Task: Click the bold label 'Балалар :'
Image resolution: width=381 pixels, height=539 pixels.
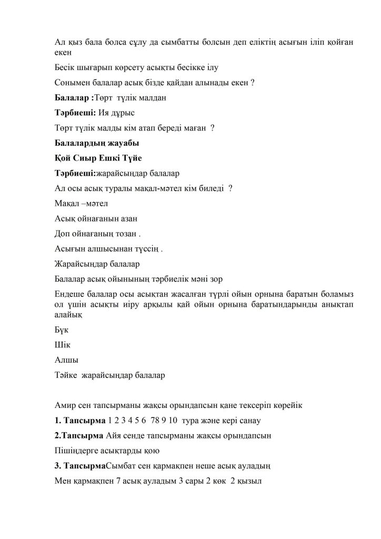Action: pyautogui.click(x=74, y=98)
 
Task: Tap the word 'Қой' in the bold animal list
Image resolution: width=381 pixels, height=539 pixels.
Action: pyautogui.click(x=63, y=158)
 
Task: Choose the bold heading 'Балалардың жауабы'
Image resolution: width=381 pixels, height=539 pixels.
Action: pyautogui.click(x=97, y=143)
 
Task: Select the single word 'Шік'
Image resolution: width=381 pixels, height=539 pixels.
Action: pyautogui.click(x=63, y=345)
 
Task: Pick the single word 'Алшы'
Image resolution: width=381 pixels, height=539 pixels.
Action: pyautogui.click(x=66, y=361)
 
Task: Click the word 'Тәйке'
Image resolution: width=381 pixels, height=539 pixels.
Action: pyautogui.click(x=67, y=376)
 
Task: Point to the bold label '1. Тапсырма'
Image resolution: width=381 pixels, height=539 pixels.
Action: pyautogui.click(x=79, y=421)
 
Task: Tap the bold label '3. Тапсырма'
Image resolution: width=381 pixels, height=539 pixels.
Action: pyautogui.click(x=80, y=466)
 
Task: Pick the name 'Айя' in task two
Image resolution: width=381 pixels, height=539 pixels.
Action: pyautogui.click(x=114, y=436)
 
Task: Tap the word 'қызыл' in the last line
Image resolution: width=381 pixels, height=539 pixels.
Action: pyautogui.click(x=251, y=481)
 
